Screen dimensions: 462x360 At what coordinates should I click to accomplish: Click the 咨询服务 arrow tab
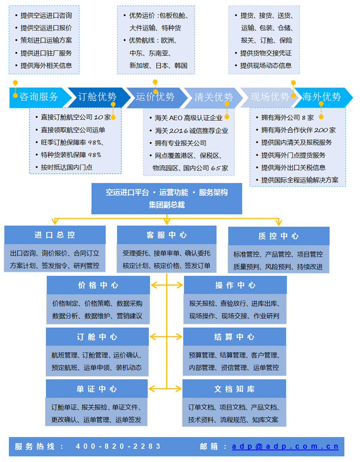tap(39, 97)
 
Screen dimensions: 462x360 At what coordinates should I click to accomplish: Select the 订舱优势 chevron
tap(97, 97)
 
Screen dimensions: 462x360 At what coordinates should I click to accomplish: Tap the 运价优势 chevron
tap(155, 97)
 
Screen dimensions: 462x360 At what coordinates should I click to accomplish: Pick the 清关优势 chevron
tap(213, 97)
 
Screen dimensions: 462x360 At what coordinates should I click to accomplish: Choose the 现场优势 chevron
tap(269, 97)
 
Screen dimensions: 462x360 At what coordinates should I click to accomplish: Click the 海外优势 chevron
tap(321, 97)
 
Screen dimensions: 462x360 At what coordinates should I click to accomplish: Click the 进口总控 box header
tap(55, 235)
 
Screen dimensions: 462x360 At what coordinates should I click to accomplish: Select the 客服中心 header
tap(167, 235)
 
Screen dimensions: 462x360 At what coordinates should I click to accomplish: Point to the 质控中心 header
tap(279, 236)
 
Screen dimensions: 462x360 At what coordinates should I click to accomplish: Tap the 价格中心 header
tap(98, 286)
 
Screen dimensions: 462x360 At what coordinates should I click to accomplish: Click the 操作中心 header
tap(235, 286)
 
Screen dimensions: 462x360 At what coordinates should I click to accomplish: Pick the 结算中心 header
tap(235, 337)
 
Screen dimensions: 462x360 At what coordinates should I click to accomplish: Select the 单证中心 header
tap(97, 389)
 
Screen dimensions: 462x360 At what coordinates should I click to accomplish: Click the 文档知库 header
tap(235, 389)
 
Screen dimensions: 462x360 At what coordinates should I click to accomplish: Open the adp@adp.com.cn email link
tap(285, 446)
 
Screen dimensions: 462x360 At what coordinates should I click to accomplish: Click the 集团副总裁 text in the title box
tap(167, 205)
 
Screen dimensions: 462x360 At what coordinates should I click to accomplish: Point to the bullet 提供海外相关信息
tap(46, 66)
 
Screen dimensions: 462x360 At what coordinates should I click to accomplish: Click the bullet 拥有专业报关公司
tap(180, 143)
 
